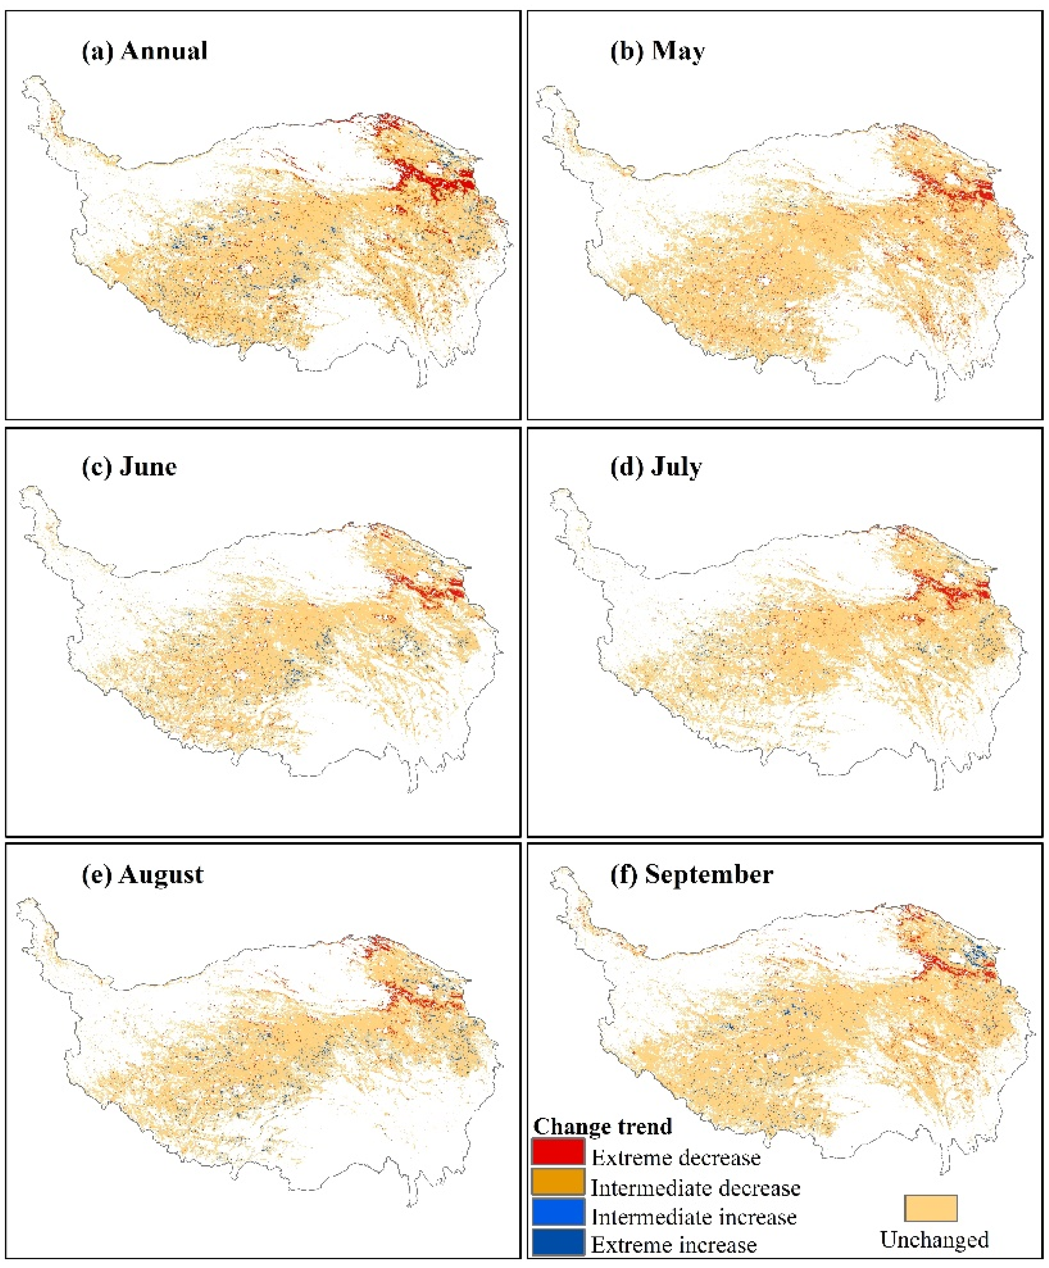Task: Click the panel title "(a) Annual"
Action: coord(145,51)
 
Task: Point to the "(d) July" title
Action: coord(657,466)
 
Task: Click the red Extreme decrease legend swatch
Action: coord(558,1152)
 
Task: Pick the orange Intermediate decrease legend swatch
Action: coord(558,1182)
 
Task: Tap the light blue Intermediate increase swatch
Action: coord(558,1212)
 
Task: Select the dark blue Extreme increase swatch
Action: coord(558,1242)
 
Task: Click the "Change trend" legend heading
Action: coord(602,1126)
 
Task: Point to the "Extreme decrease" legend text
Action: coord(676,1157)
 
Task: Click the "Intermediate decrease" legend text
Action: coord(695,1188)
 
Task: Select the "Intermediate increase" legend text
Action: coord(693,1217)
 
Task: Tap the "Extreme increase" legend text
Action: coord(674,1244)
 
